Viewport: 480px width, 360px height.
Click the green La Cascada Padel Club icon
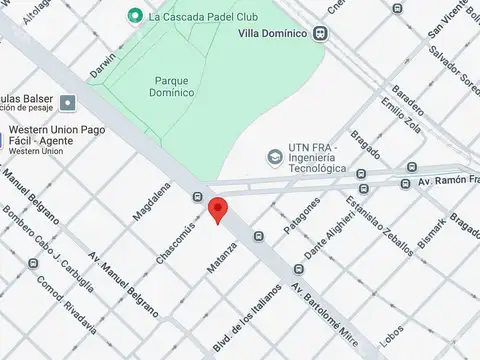point(135,16)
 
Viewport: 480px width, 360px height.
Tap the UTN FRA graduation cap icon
point(274,157)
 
